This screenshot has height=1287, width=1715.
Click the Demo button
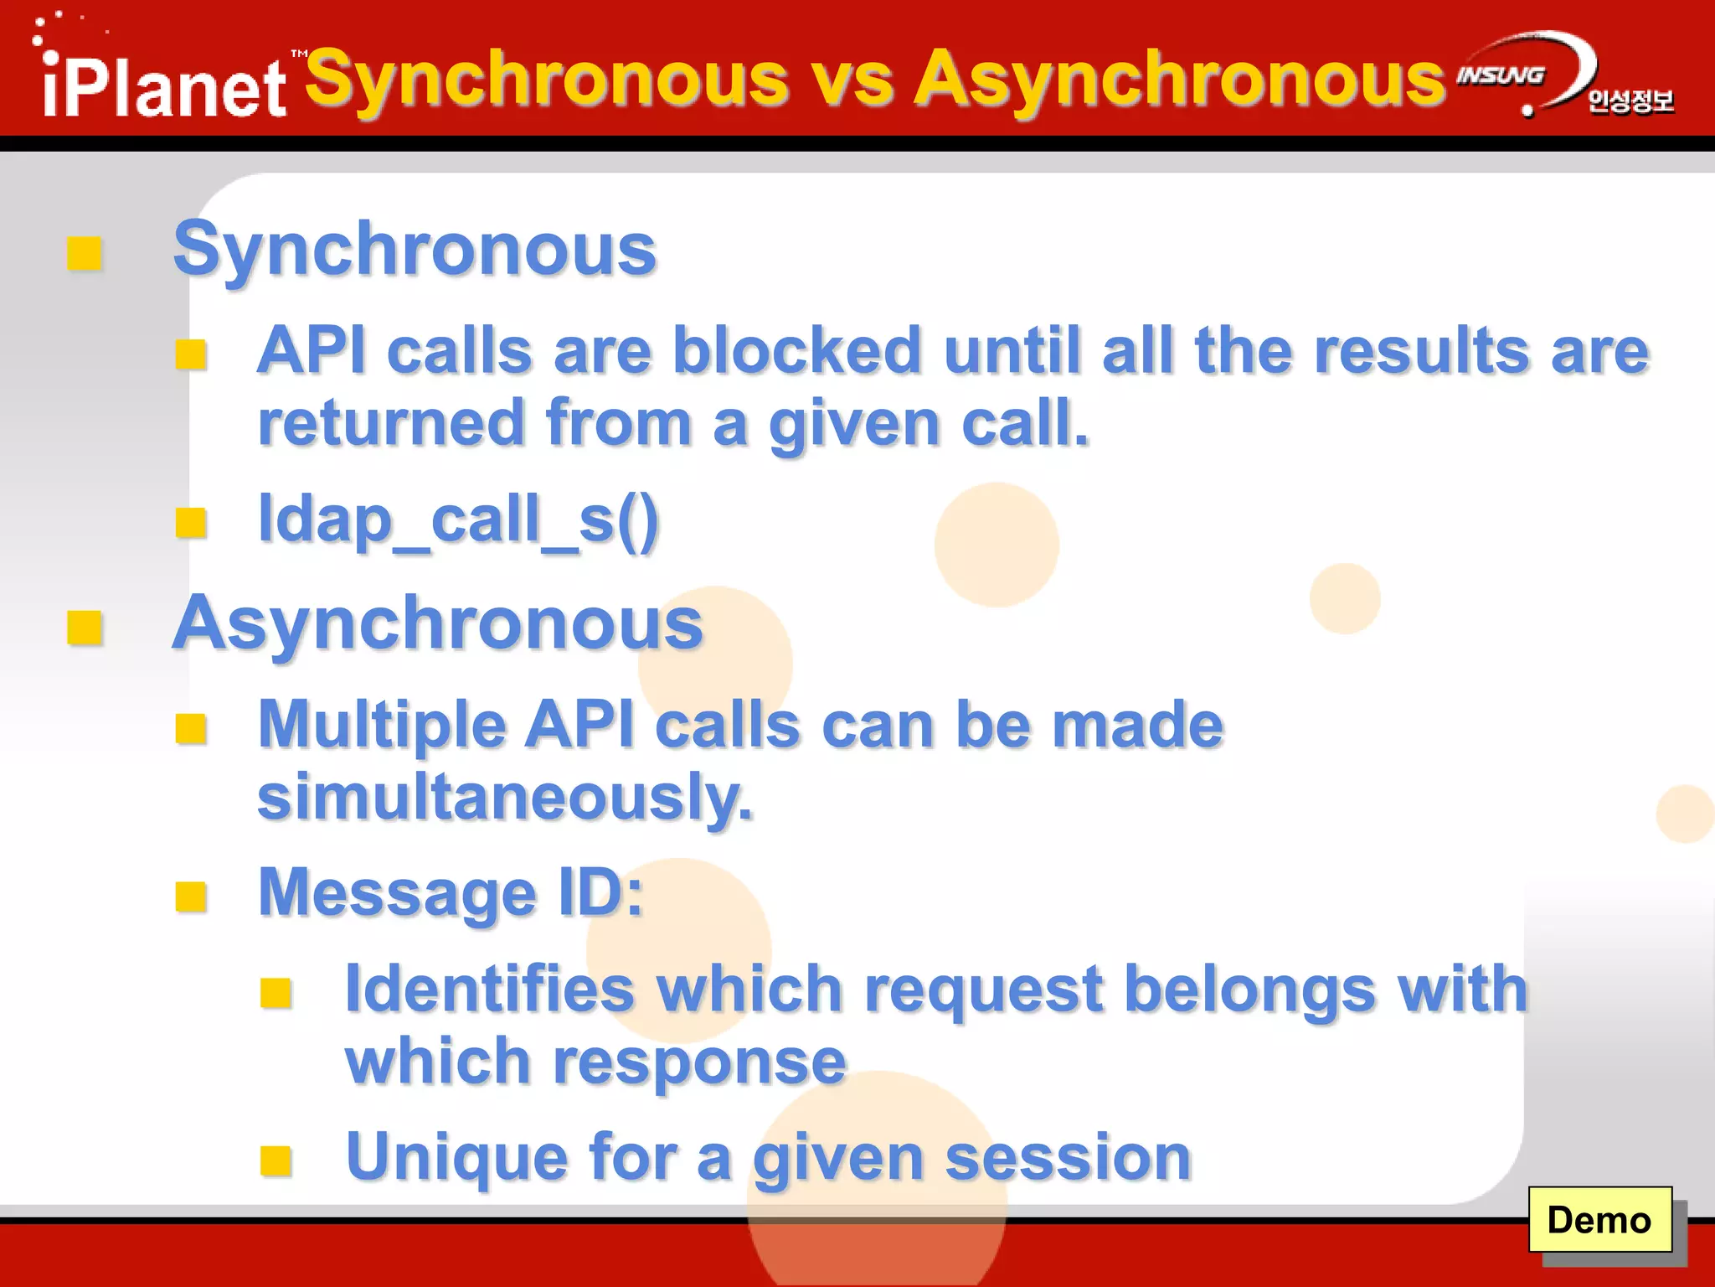1599,1220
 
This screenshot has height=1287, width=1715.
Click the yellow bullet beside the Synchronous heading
84,253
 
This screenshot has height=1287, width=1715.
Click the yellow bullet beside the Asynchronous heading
84,628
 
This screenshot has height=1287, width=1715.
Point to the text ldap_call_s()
459,519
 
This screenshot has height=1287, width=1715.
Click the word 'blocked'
797,350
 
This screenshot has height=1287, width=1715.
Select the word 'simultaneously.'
505,797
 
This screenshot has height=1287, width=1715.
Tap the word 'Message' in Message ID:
397,893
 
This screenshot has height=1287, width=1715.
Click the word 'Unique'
457,1157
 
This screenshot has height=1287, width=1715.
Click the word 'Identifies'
490,990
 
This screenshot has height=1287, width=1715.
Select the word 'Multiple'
382,725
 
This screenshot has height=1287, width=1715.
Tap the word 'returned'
391,423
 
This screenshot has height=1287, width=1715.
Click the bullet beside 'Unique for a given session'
276,1160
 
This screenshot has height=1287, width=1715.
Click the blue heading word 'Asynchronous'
437,623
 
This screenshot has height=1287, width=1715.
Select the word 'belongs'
1249,990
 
